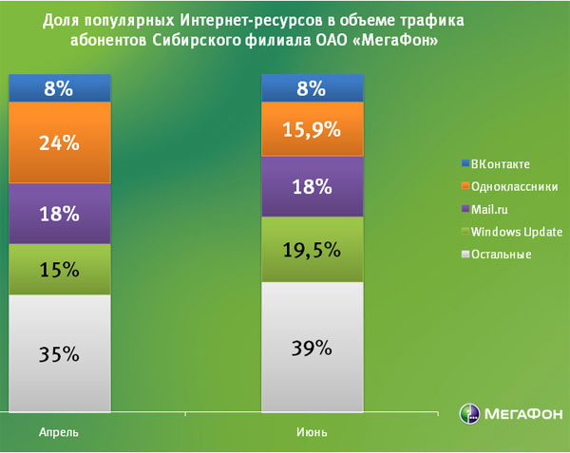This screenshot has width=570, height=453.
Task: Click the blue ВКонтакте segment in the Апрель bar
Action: [59, 88]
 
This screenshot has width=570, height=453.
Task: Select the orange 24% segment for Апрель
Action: [59, 143]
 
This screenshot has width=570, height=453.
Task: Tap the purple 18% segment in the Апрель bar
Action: [59, 214]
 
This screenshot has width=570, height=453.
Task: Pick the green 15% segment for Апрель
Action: [59, 270]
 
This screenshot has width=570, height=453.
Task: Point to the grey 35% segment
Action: [59, 353]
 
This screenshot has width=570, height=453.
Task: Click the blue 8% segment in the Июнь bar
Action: [313, 88]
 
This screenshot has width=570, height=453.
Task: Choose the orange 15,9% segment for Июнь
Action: [313, 128]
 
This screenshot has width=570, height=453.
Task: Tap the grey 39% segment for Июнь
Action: [313, 347]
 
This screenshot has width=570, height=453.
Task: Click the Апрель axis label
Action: [59, 432]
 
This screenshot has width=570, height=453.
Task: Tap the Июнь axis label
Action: [313, 432]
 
